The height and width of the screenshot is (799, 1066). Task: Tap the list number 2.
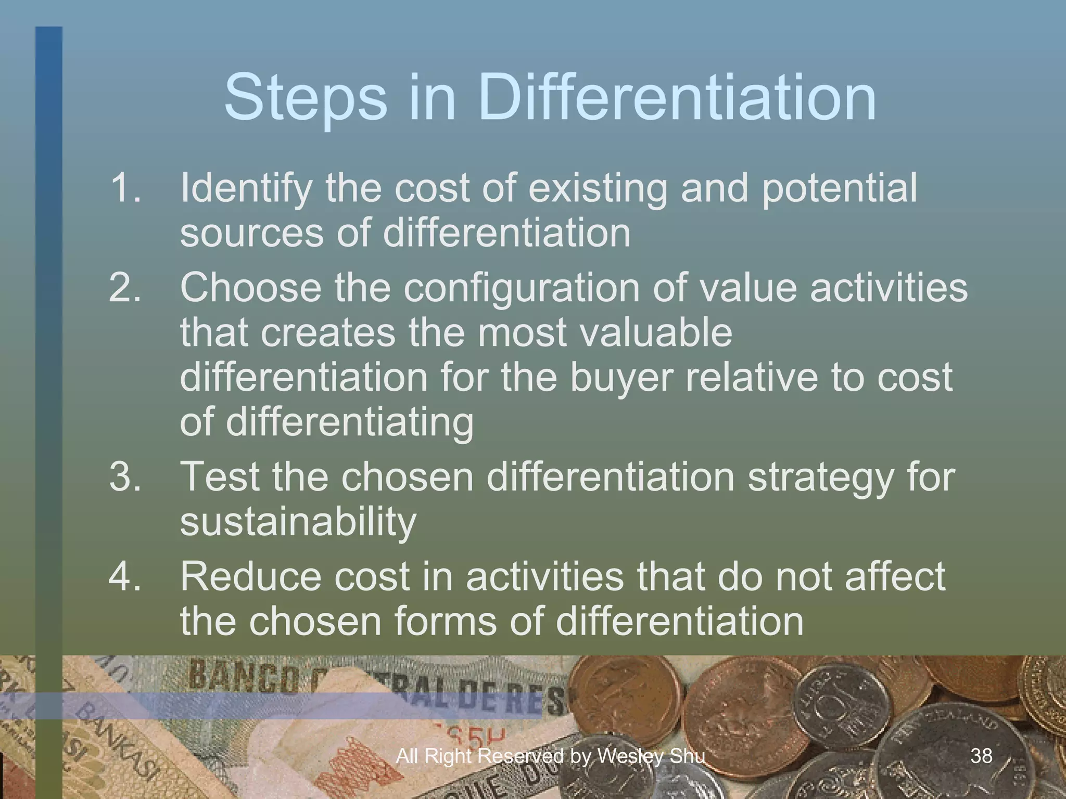125,287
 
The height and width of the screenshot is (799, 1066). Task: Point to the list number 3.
125,476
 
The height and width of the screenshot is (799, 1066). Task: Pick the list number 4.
125,576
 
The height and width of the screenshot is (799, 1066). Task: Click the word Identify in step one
246,188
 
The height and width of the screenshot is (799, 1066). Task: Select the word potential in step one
839,188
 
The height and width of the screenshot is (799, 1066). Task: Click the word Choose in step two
251,287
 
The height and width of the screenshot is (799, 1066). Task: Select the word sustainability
298,522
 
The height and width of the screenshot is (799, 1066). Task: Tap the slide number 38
981,755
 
